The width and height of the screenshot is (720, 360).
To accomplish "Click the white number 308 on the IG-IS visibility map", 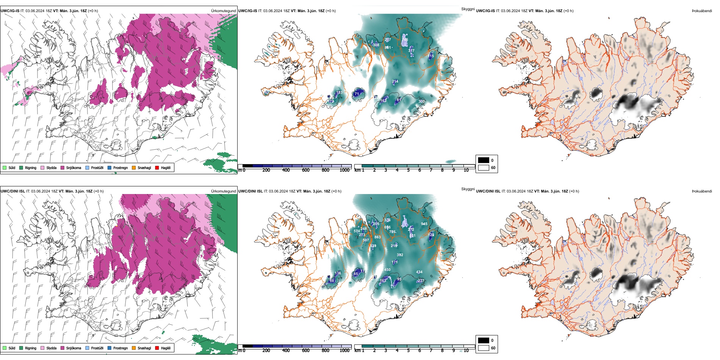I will tap(376, 45).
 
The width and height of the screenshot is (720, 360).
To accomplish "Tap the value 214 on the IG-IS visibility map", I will tap(395, 81).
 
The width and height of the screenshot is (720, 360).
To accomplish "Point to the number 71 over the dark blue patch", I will tap(357, 94).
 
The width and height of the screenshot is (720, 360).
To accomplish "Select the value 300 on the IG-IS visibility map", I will tap(421, 102).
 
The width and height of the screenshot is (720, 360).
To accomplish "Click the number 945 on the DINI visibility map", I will tap(424, 224).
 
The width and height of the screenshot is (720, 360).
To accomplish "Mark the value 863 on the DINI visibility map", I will tap(377, 237).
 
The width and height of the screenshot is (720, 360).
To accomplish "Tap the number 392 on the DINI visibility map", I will tap(400, 255).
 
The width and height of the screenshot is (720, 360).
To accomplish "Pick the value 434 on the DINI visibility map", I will tap(419, 272).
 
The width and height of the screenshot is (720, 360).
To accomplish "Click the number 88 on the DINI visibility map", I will tap(332, 281).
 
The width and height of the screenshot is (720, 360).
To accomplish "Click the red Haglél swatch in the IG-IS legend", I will tap(157, 167).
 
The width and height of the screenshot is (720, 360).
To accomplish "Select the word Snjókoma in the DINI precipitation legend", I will tap(74, 348).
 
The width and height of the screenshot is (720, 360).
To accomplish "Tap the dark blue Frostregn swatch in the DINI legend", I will tap(110, 348).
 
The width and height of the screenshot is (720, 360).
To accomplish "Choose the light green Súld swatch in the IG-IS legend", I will tap(5, 167).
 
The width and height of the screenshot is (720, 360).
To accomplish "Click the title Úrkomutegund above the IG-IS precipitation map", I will tap(223, 11).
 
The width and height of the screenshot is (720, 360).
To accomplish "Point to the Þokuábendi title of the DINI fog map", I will tap(702, 191).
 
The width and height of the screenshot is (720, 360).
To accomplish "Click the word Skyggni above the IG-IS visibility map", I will tap(468, 9).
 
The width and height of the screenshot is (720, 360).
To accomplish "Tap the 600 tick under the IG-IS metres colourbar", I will tap(305, 171).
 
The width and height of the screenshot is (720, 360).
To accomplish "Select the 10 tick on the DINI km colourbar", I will tap(466, 351).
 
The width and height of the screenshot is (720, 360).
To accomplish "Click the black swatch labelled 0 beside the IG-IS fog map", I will tap(484, 160).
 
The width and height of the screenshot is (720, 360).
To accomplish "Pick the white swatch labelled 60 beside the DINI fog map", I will tap(484, 348).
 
